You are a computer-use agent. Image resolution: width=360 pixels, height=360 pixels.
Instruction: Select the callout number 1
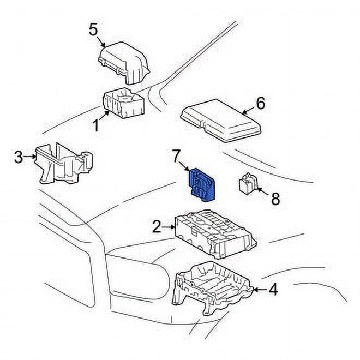tap(95, 125)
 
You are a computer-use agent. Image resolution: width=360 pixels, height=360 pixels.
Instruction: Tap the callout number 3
tap(19, 158)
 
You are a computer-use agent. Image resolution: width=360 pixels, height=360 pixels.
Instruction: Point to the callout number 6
tap(260, 103)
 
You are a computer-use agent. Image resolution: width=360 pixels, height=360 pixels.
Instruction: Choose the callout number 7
tap(176, 157)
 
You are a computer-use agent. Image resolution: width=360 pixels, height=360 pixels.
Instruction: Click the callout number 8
tap(275, 199)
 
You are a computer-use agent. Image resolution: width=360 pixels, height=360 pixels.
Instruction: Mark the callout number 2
tap(157, 226)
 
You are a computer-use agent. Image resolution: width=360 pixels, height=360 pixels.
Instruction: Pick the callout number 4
tap(273, 289)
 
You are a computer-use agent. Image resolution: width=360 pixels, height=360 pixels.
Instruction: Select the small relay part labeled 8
tap(248, 184)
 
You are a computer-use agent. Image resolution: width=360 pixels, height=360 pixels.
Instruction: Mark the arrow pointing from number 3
tap(31, 157)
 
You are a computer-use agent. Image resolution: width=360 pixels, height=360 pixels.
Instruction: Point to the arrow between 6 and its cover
tap(248, 110)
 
